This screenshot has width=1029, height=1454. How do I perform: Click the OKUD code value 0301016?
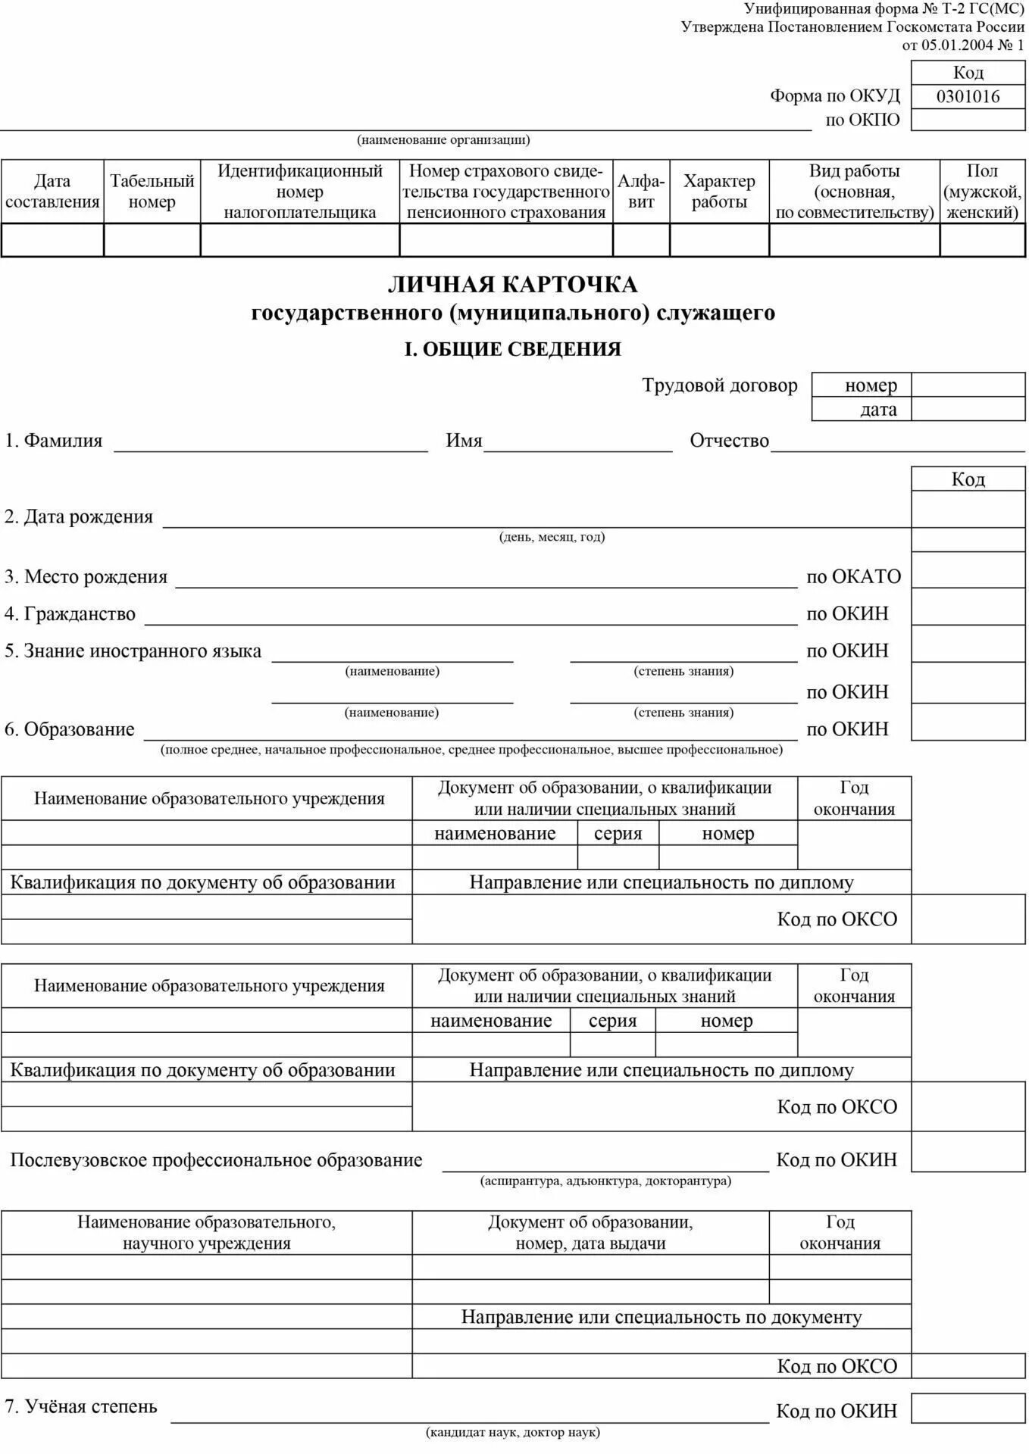pos(968,96)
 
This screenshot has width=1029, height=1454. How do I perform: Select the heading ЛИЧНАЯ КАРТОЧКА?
pos(513,285)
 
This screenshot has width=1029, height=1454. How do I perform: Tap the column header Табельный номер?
pos(152,191)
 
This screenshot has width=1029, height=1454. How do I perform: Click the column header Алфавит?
pos(641,191)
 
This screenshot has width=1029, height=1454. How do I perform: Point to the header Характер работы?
pos(719,191)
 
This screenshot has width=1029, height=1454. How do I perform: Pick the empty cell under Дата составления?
pos(52,241)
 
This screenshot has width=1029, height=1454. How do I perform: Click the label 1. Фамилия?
pos(53,441)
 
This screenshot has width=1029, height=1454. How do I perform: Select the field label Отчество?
pos(729,441)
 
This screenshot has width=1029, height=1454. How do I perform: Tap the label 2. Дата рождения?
pos(79,517)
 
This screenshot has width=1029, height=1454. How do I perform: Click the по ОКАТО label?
pos(853,577)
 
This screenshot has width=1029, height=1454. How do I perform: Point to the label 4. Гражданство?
pos(70,614)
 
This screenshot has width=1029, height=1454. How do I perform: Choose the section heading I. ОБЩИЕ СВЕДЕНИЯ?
pos(513,349)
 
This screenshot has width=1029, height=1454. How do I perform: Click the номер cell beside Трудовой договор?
pos(871,385)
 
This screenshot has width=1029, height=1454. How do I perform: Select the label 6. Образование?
pos(70,730)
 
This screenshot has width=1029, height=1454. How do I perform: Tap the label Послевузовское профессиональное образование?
pos(216,1160)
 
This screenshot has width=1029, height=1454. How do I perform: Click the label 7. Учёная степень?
pos(81,1407)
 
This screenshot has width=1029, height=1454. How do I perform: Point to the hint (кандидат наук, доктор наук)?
pos(513,1432)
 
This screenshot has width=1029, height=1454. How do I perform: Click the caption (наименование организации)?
pos(443,140)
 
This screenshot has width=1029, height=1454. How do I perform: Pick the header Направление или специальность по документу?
pos(661,1317)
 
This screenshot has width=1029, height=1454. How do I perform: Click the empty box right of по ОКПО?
pos(968,120)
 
